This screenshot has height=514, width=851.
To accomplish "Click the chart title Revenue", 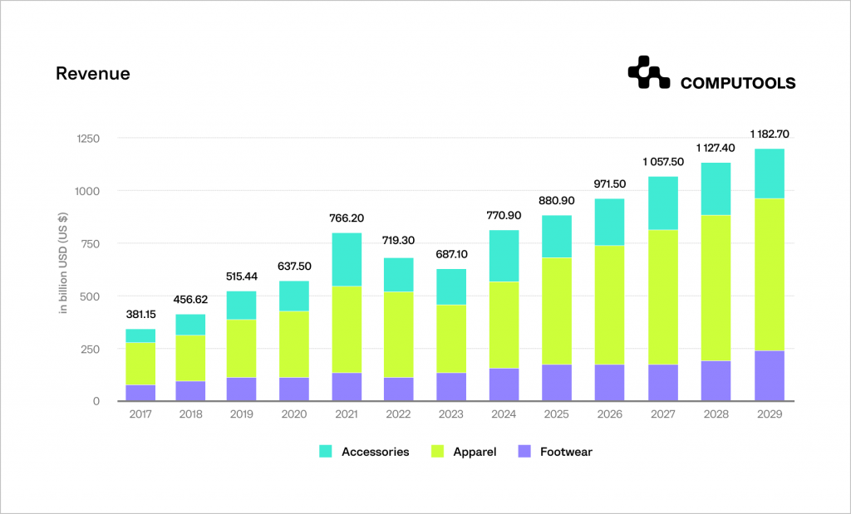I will [92, 73].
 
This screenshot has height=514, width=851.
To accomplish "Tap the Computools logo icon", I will [648, 73].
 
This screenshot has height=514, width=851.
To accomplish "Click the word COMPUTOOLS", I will [737, 83].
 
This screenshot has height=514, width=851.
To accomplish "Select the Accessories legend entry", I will [364, 452].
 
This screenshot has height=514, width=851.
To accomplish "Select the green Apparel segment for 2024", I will [505, 325].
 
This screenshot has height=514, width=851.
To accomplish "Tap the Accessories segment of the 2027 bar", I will [663, 203].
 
